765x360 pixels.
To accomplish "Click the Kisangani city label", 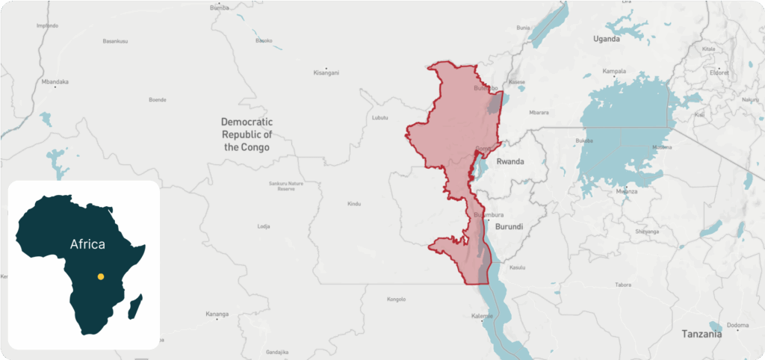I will click(326, 73).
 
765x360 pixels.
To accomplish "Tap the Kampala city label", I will click(613, 72).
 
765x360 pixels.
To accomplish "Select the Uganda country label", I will click(606, 39).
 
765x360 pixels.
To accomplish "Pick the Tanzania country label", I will click(702, 334).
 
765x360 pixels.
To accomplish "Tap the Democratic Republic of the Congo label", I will click(247, 134).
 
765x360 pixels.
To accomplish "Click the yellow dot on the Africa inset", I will click(100, 277).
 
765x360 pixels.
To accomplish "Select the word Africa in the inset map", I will click(87, 243).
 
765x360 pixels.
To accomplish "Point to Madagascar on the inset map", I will click(134, 305).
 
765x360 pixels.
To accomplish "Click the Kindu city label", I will click(354, 204).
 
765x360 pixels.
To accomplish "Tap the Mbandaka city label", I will click(55, 81).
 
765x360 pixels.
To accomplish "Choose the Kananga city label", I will click(217, 314).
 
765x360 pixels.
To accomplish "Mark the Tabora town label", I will click(623, 285).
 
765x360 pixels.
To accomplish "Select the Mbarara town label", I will click(538, 113).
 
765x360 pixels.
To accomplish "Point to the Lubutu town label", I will click(380, 118).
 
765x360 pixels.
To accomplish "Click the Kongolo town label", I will click(396, 300).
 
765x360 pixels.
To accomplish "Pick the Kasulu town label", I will click(517, 267).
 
